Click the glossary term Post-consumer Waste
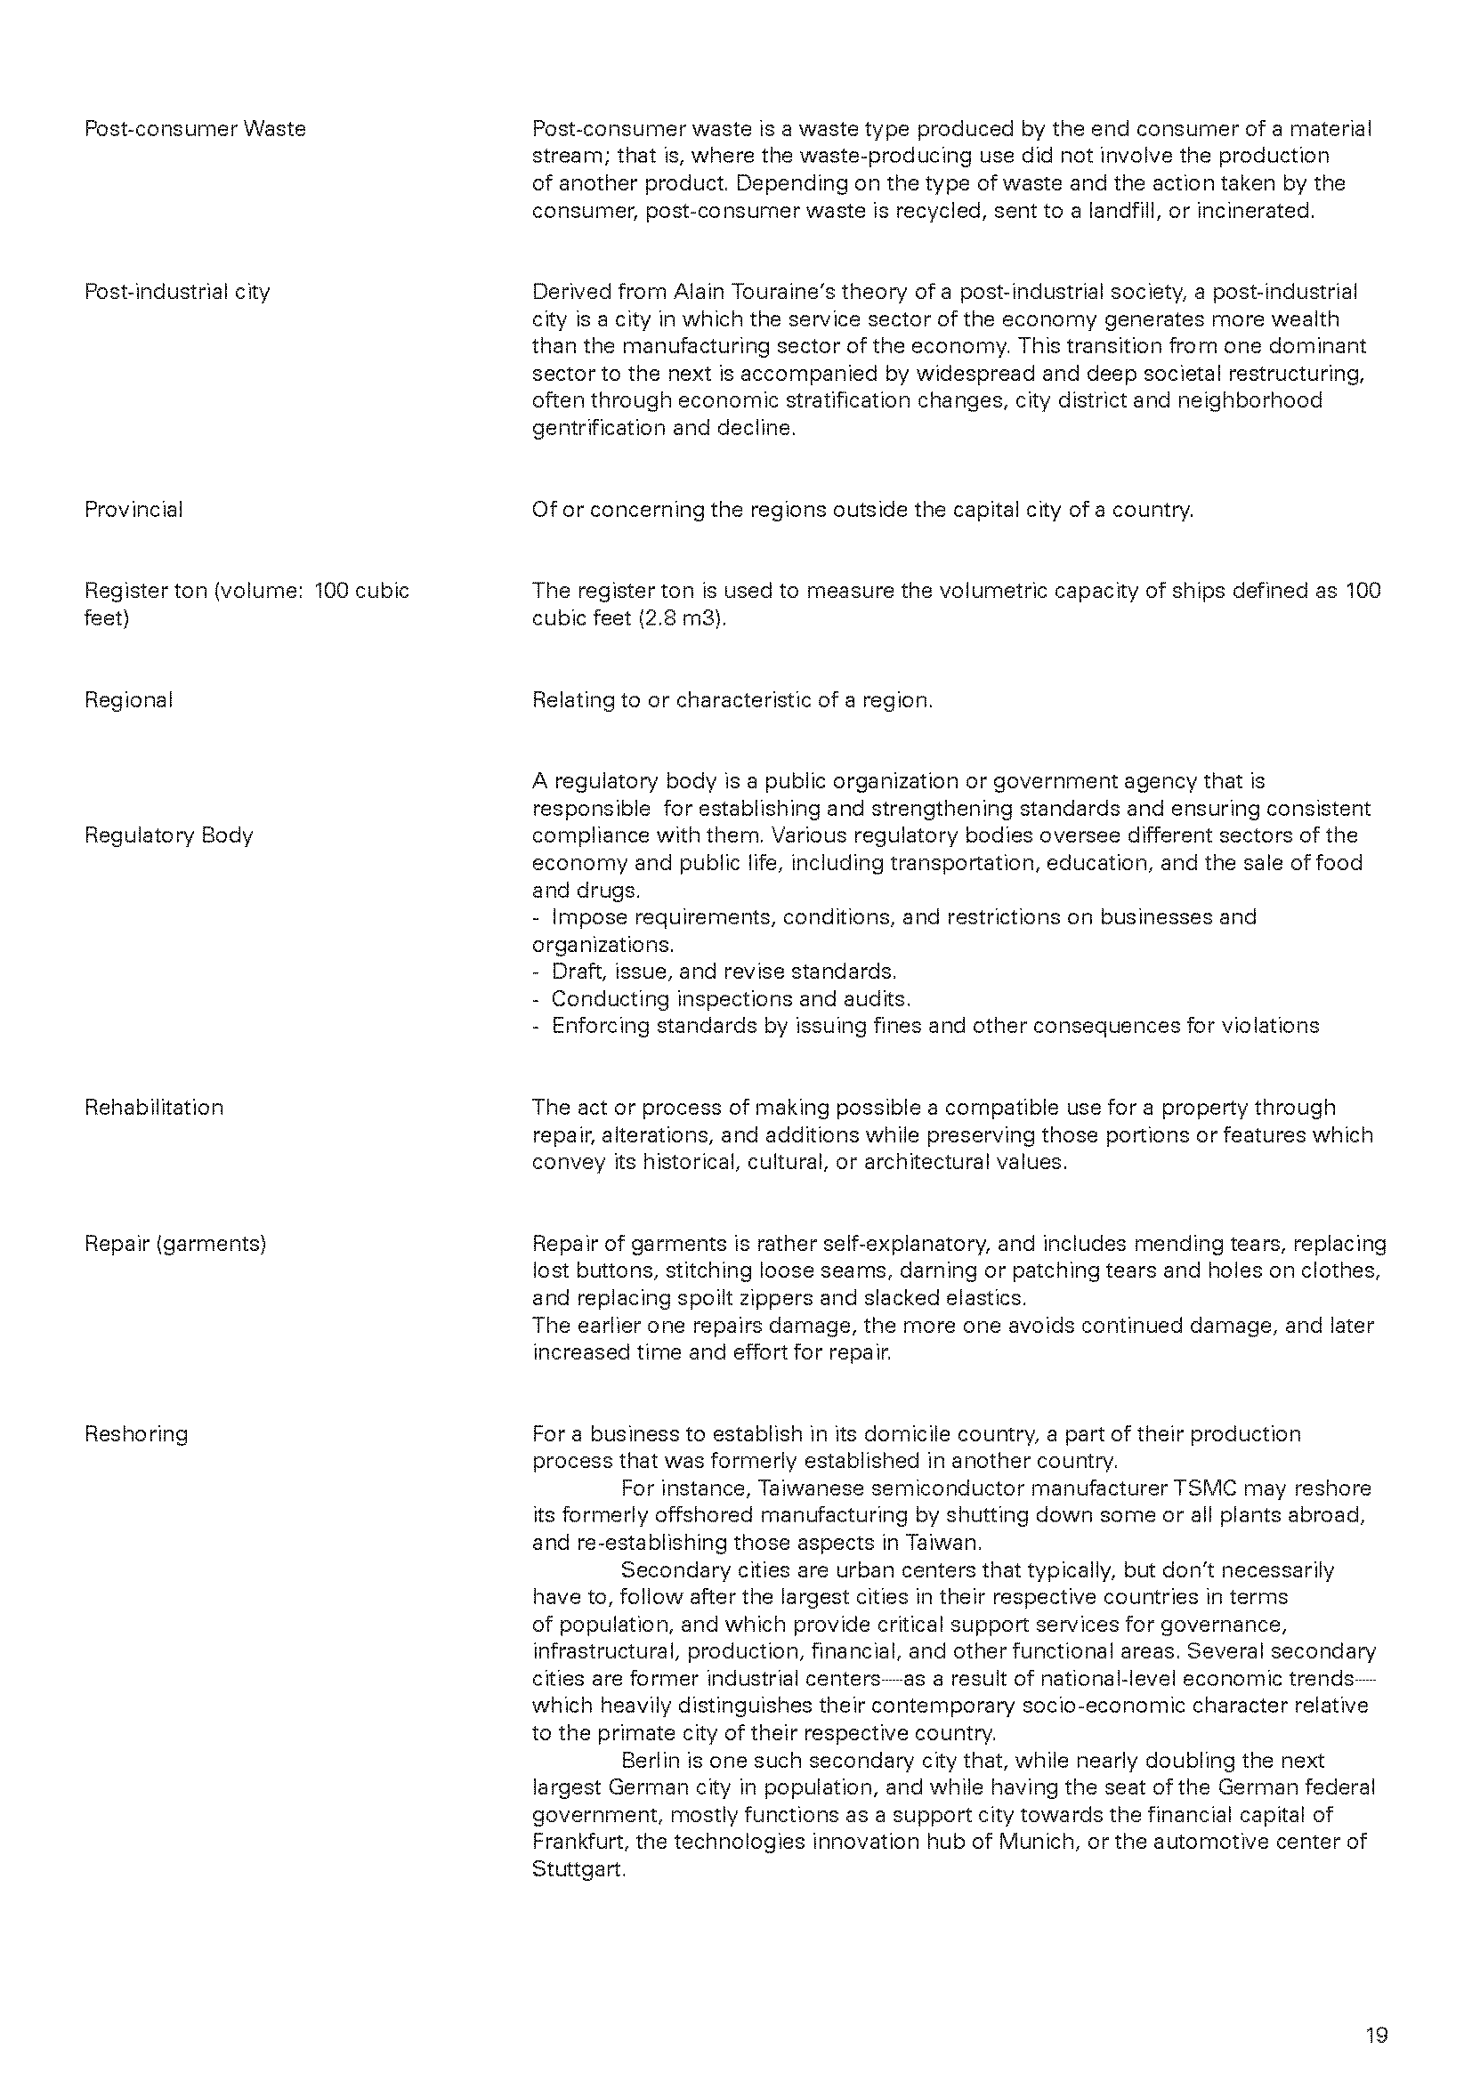click(x=195, y=129)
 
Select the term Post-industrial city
click(x=177, y=292)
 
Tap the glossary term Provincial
click(x=133, y=510)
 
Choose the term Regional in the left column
click(x=129, y=699)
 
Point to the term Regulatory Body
click(x=168, y=835)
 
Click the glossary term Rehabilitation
click(x=154, y=1108)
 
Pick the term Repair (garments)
click(x=175, y=1244)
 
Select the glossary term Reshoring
click(x=136, y=1434)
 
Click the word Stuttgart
click(x=578, y=1869)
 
